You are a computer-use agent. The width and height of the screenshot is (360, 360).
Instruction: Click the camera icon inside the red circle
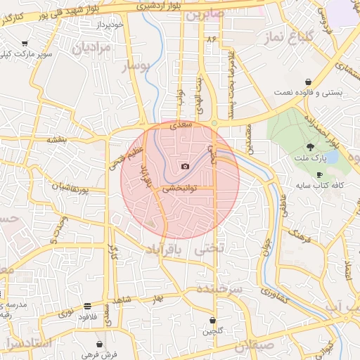[x=185, y=167]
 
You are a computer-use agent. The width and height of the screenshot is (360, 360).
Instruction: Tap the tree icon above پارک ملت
[x=311, y=147]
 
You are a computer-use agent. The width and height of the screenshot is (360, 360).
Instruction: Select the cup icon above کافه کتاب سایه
[x=319, y=174]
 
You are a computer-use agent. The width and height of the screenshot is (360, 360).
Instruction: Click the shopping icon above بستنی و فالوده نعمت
[x=309, y=82]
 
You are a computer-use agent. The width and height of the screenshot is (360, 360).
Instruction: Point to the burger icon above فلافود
[x=86, y=306]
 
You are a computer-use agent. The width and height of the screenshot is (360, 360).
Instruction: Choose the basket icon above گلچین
[x=213, y=320]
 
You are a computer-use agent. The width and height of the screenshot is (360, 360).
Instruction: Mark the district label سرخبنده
[x=219, y=289]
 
